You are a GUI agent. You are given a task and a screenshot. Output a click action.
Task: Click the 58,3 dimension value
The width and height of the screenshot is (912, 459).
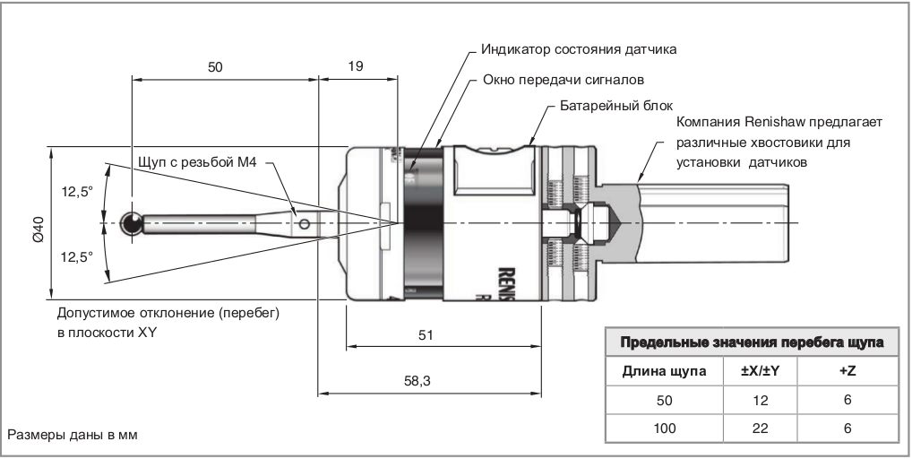417,381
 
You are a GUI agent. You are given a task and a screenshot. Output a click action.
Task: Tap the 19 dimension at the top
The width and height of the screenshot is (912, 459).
356,65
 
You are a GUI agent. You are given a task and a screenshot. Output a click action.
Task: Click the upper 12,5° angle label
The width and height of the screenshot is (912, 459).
77,191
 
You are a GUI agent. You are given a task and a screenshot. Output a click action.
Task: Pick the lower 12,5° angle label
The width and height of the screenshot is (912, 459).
77,256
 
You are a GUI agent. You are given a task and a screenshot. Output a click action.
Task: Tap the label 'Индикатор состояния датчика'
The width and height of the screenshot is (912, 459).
579,48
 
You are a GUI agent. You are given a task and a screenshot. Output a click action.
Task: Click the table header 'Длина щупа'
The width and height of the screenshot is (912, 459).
663,370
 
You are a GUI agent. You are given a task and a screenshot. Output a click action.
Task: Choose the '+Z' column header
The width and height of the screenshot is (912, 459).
847,370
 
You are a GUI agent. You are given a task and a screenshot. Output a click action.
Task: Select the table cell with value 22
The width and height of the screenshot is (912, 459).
761,429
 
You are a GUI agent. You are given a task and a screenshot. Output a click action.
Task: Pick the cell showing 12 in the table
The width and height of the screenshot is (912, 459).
761,400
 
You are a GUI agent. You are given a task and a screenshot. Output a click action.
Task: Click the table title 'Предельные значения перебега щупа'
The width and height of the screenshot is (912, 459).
753,342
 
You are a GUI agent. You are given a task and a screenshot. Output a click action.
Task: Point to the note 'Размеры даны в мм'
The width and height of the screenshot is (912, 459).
75,436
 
